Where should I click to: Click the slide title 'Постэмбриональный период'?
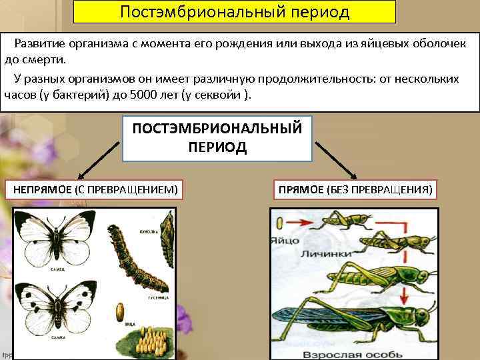point(235,12)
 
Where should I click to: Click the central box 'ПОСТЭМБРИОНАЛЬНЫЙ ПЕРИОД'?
point(217,137)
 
